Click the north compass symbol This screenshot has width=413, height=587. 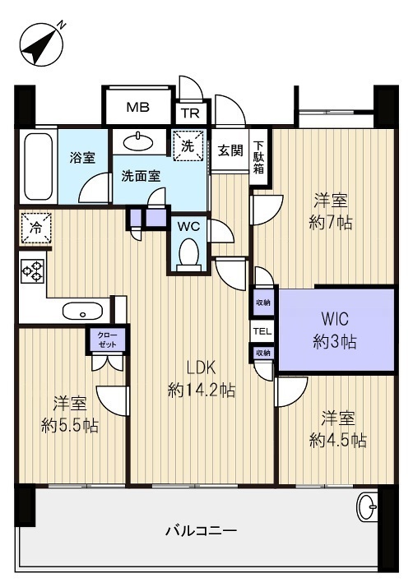click(x=41, y=45)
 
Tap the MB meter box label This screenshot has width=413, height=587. click(x=138, y=108)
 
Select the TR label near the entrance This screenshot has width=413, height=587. click(x=190, y=113)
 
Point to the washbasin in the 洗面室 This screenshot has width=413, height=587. click(x=138, y=141)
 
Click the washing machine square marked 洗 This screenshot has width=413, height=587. click(x=188, y=146)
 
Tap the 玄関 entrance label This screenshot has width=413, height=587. click(x=230, y=150)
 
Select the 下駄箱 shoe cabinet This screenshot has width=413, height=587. click(x=258, y=157)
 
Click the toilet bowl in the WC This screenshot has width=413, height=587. click(x=188, y=255)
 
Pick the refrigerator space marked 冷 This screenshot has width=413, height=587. click(x=36, y=228)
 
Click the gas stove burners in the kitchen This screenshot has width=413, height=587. click(x=32, y=270)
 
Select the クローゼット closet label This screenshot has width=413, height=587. click(x=107, y=340)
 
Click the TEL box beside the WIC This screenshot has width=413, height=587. click(x=262, y=331)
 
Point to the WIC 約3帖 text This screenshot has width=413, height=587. click(x=335, y=331)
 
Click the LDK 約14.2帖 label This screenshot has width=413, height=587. click(x=202, y=379)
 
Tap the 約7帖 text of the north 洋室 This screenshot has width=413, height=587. click(x=330, y=224)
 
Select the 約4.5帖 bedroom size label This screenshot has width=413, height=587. click(x=337, y=441)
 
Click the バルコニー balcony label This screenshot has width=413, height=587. click(x=202, y=530)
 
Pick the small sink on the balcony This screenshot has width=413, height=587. click(x=367, y=506)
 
